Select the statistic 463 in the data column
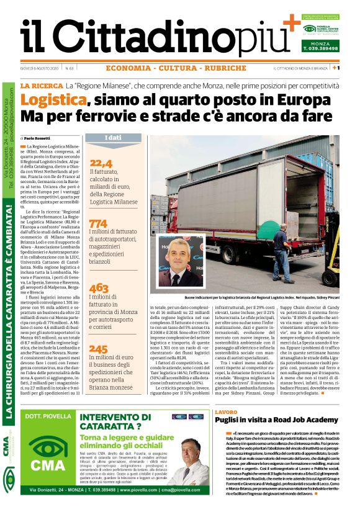99,287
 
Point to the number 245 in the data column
99,349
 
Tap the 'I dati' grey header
112,137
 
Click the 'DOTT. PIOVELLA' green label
44,416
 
